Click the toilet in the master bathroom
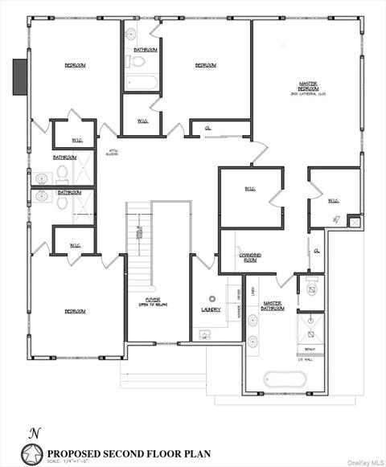click(x=310, y=285)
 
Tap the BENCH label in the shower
click(x=310, y=350)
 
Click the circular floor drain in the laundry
click(x=213, y=297)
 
